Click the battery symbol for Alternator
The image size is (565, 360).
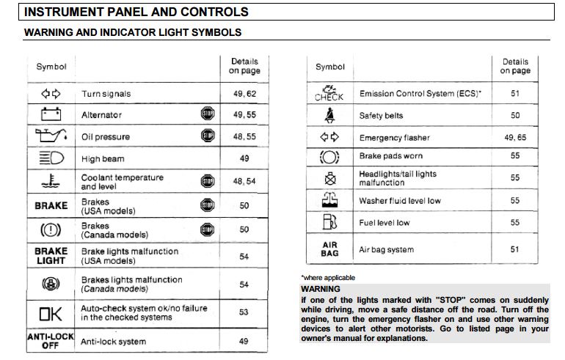tap(51, 114)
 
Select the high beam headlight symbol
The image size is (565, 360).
tap(51, 158)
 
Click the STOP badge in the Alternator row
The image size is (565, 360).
tap(207, 114)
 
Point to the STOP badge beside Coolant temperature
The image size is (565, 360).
tap(207, 181)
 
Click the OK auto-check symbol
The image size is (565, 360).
tap(51, 313)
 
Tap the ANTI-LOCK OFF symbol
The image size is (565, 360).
tap(51, 341)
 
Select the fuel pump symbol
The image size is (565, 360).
tap(329, 222)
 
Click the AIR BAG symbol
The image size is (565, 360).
tap(329, 249)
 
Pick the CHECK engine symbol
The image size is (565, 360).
tap(329, 93)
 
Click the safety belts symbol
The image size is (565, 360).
tap(329, 115)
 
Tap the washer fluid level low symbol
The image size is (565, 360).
tap(329, 200)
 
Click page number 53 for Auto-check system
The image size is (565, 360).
tap(244, 313)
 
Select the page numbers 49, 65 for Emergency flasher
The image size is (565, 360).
tap(515, 138)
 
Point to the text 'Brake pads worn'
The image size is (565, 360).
tap(390, 156)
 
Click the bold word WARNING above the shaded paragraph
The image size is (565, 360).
tap(321, 290)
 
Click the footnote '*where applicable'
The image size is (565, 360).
tap(328, 278)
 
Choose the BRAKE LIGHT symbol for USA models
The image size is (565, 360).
tap(51, 256)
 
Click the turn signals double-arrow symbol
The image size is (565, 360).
tap(51, 94)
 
